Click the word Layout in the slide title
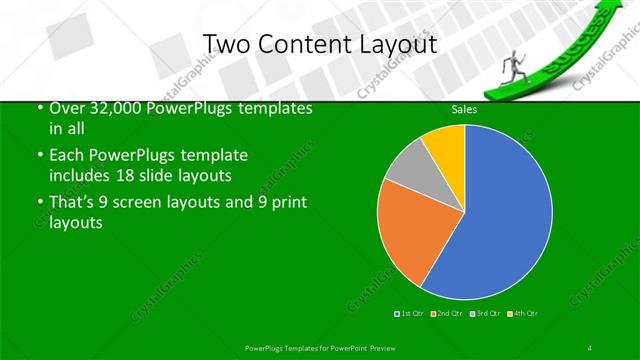pyautogui.click(x=394, y=44)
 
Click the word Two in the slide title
pyautogui.click(x=225, y=44)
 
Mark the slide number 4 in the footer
pyautogui.click(x=590, y=347)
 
